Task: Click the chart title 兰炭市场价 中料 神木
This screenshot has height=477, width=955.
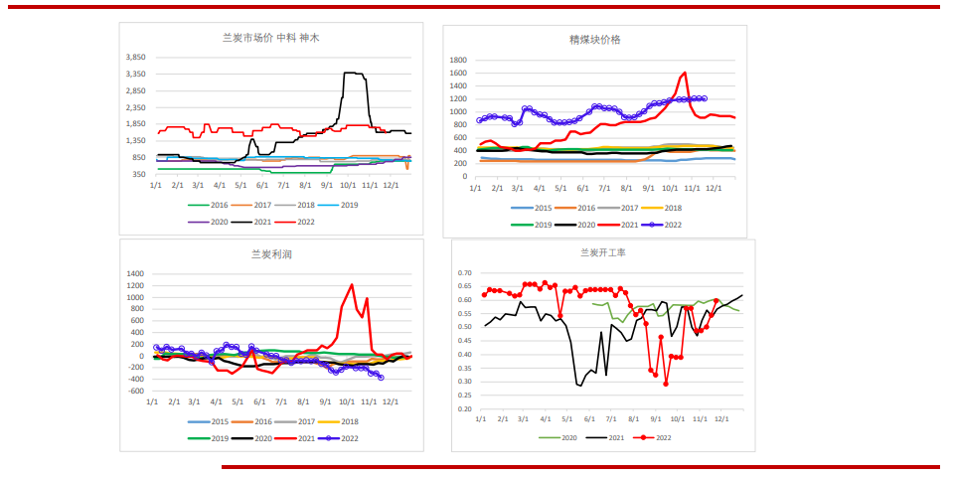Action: point(270,38)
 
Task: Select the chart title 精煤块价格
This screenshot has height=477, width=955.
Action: point(595,40)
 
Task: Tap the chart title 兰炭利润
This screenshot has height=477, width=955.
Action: point(271,254)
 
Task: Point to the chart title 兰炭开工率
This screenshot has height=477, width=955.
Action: point(602,252)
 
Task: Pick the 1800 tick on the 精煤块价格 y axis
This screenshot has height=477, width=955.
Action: point(458,61)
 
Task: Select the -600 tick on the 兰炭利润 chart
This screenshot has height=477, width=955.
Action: point(135,391)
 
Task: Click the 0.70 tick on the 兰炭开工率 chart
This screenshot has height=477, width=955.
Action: point(463,273)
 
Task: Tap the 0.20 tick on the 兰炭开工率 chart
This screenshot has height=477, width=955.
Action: point(463,408)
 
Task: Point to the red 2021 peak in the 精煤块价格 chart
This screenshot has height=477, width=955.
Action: point(685,73)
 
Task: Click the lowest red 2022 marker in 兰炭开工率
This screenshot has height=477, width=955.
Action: point(666,384)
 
